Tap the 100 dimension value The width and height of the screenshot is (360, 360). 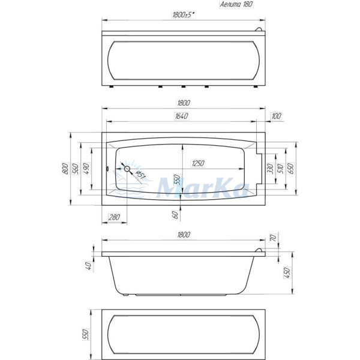(x=275, y=116)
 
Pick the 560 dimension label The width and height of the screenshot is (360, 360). (x=76, y=170)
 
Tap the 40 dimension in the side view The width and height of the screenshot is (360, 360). (x=88, y=265)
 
